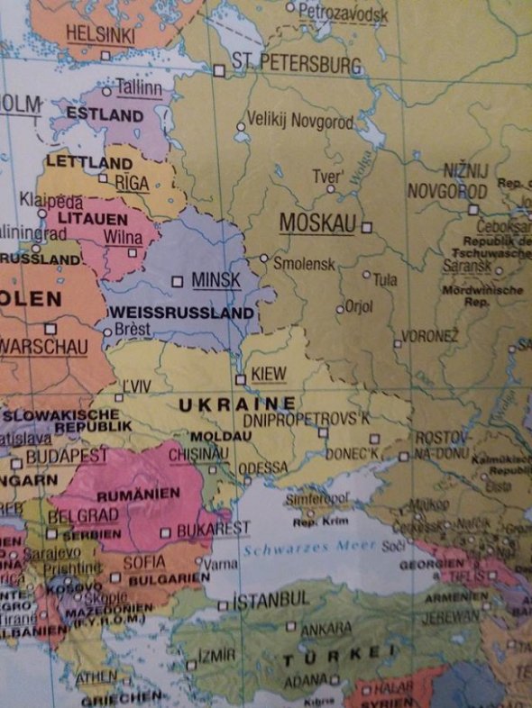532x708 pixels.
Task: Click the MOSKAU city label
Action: (x=318, y=223)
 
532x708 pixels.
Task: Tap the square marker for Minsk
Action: (x=177, y=281)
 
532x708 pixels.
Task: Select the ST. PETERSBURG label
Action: (x=296, y=65)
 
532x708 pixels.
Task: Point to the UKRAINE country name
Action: (x=237, y=404)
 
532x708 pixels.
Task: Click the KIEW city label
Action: (x=269, y=374)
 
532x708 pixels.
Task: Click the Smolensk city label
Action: (x=304, y=264)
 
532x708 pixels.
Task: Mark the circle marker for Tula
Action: (x=366, y=274)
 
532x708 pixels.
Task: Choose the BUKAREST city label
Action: (x=213, y=528)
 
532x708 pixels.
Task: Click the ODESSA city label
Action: (x=263, y=467)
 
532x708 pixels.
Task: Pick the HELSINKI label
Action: (x=100, y=35)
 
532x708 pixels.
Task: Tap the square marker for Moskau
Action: (x=366, y=227)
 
